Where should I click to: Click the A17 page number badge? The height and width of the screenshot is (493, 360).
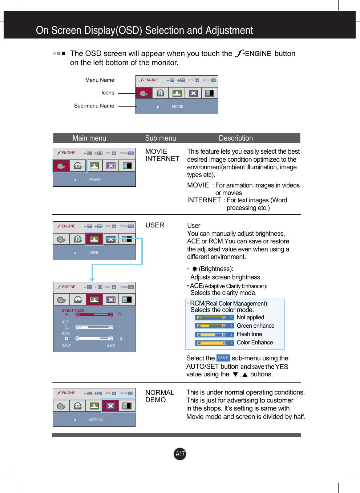[x=180, y=454]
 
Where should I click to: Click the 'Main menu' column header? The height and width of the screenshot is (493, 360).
[x=89, y=138]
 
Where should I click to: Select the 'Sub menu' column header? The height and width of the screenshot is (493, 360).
[x=160, y=138]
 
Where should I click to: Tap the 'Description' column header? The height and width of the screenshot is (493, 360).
[x=235, y=138]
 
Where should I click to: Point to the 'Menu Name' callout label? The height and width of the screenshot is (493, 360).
[x=100, y=80]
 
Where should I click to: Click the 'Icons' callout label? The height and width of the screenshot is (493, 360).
[x=108, y=93]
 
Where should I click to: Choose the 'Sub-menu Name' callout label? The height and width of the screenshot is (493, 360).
[x=94, y=106]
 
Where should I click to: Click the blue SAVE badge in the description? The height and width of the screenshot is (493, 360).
[x=223, y=358]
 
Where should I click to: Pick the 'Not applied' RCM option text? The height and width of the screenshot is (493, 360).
[x=250, y=318]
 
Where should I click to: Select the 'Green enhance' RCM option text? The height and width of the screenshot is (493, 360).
[x=255, y=326]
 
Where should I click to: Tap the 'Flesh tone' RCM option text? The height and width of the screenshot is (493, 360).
[x=249, y=334]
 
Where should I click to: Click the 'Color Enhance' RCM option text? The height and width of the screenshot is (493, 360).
[x=255, y=343]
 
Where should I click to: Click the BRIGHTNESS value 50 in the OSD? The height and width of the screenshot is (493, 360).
[x=120, y=314]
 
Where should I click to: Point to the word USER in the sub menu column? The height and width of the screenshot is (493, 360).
[x=155, y=225]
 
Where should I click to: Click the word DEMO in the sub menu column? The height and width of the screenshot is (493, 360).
[x=155, y=400]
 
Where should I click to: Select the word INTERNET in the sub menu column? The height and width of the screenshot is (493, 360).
[x=162, y=159]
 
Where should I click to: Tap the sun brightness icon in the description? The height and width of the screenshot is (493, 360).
[x=194, y=269]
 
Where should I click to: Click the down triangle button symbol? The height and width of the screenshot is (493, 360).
[x=235, y=375]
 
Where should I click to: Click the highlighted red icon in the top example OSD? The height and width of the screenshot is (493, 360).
[x=144, y=93]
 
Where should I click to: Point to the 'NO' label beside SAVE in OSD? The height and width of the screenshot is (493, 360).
[x=112, y=346]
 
